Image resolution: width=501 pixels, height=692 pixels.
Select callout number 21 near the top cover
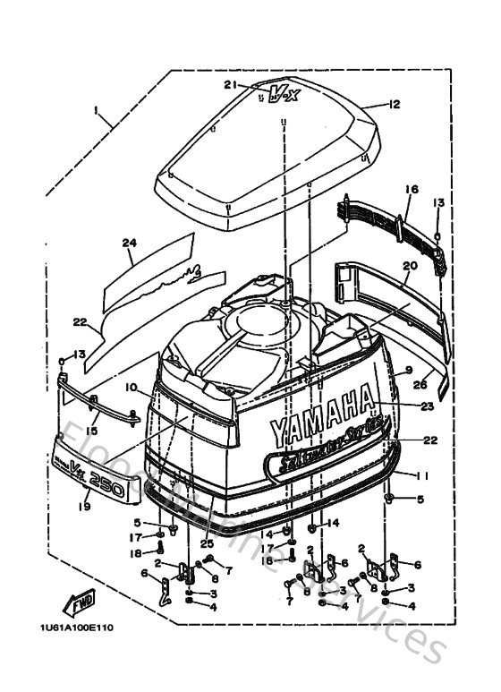[x=230, y=85]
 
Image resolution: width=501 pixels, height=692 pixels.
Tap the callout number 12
[x=395, y=105]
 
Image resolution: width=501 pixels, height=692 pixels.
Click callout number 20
[x=411, y=266]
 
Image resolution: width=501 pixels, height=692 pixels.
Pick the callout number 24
[x=128, y=243]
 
